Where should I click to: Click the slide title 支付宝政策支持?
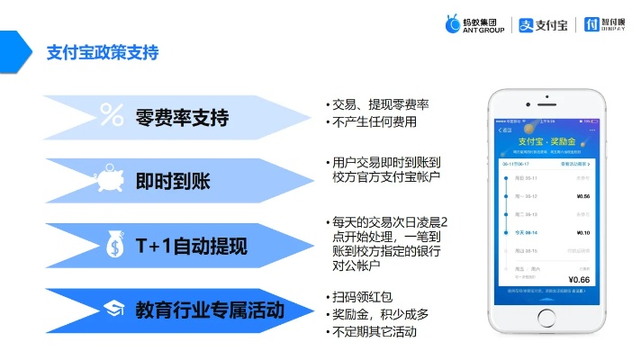(103, 53)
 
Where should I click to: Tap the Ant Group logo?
(475, 24)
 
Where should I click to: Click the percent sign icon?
(112, 115)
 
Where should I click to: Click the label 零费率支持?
(182, 117)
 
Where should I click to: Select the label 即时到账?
(172, 181)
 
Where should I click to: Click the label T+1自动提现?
(191, 246)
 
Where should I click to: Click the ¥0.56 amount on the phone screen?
(582, 195)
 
